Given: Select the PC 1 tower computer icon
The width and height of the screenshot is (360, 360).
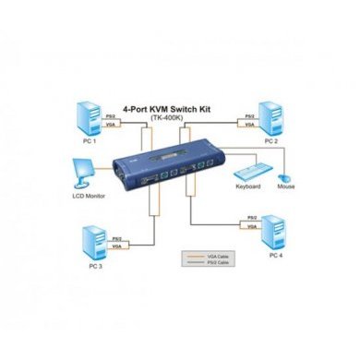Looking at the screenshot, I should (90, 116).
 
